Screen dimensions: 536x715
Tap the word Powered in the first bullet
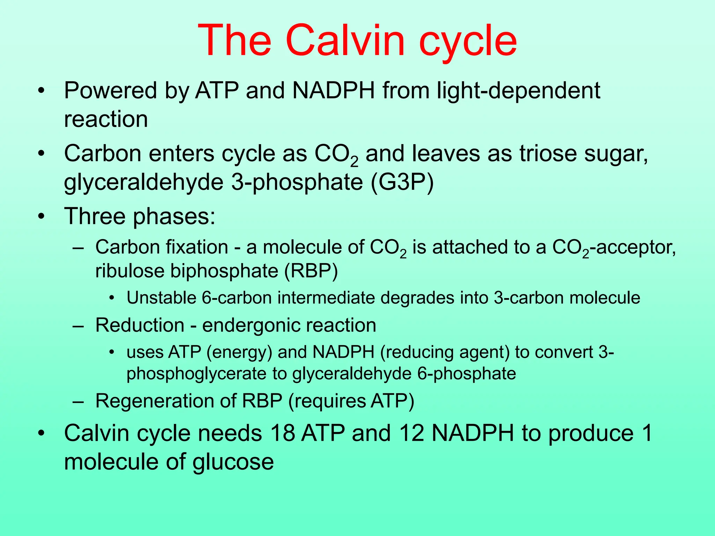click(110, 91)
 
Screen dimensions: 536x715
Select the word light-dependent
click(518, 91)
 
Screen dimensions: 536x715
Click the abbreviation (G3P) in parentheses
click(402, 182)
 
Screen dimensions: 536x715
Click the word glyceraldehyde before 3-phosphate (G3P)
click(143, 182)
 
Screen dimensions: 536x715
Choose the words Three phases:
click(140, 216)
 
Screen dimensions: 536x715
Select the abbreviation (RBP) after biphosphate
click(311, 271)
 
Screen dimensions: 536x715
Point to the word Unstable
click(161, 298)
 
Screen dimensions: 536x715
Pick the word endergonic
click(250, 325)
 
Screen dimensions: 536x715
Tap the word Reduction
click(140, 325)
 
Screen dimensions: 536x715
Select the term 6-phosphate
click(466, 374)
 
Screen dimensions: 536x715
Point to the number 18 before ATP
click(282, 433)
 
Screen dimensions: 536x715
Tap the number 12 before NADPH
click(412, 433)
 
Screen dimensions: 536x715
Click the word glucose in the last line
click(233, 462)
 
